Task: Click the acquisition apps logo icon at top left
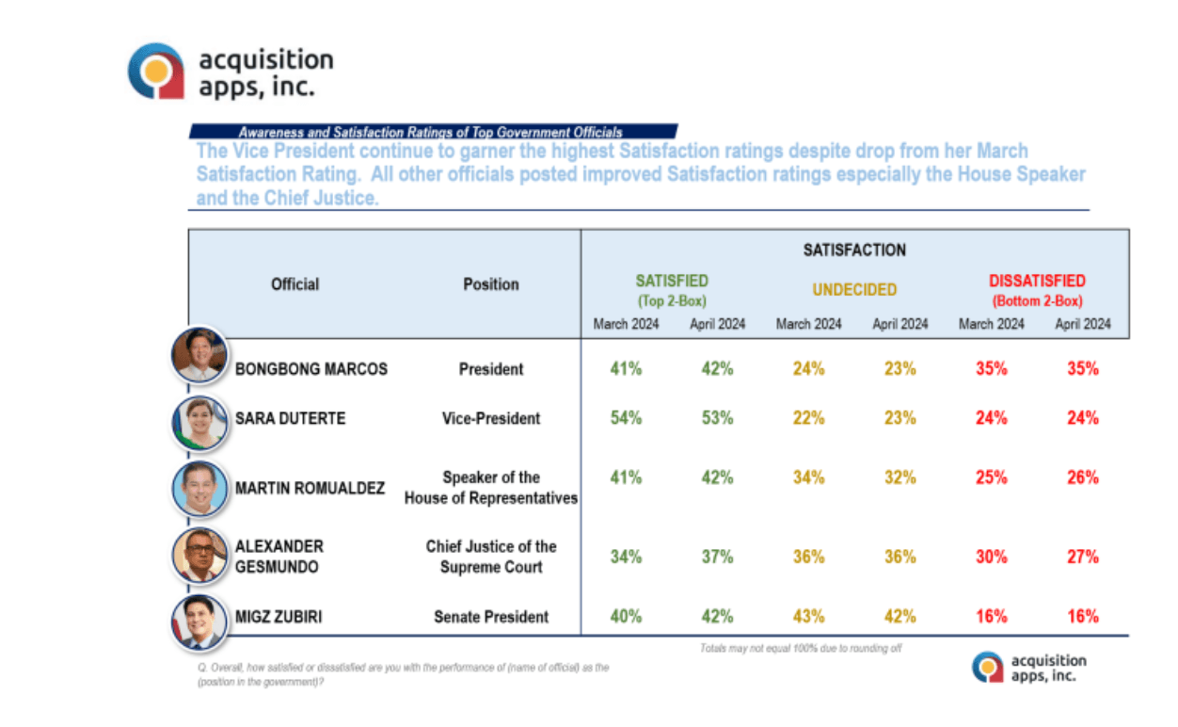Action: pyautogui.click(x=156, y=71)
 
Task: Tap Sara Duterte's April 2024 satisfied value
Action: pyautogui.click(x=716, y=417)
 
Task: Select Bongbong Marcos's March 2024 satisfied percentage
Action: pyautogui.click(x=625, y=368)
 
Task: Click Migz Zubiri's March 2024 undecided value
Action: pyautogui.click(x=808, y=616)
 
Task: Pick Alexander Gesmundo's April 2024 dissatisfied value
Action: pyautogui.click(x=1082, y=557)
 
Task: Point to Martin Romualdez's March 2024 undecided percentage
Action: pyautogui.click(x=808, y=477)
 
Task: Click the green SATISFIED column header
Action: pyautogui.click(x=672, y=281)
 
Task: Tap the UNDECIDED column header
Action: pyautogui.click(x=854, y=290)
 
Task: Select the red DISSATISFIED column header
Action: pyautogui.click(x=1037, y=281)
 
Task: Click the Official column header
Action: pyautogui.click(x=295, y=284)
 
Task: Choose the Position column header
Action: pyautogui.click(x=490, y=284)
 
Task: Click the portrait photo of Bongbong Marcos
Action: pyautogui.click(x=199, y=355)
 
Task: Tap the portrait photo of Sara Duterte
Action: pyautogui.click(x=199, y=421)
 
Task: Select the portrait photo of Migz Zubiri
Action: pyautogui.click(x=199, y=622)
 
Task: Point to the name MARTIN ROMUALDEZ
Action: pyautogui.click(x=310, y=489)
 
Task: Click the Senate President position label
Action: pyautogui.click(x=490, y=617)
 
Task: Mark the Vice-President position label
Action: pyautogui.click(x=490, y=418)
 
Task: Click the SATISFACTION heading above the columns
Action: pyautogui.click(x=854, y=250)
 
